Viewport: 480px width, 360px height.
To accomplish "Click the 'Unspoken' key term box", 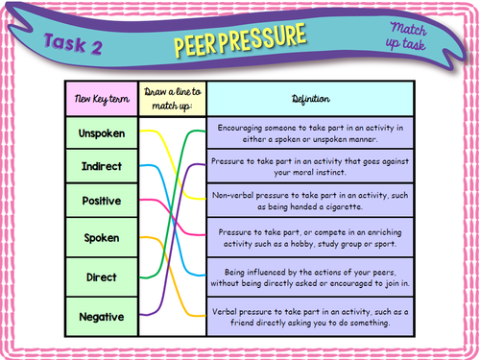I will click(101, 132).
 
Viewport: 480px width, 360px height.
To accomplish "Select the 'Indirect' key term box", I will click(101, 168).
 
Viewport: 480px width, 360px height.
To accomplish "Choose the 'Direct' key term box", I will click(101, 276).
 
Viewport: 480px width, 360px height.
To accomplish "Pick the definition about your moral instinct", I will click(310, 168).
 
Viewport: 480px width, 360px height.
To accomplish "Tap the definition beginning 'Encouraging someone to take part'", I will click(310, 132).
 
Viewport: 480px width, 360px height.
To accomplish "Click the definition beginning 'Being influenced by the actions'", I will click(310, 276).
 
